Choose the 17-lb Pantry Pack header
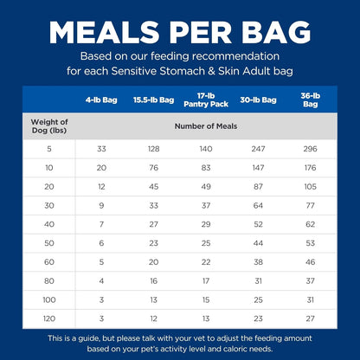coord(205,100)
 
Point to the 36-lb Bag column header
coord(310,100)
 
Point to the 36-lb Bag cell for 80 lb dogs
coord(310,280)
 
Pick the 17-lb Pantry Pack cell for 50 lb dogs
coord(205,242)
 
